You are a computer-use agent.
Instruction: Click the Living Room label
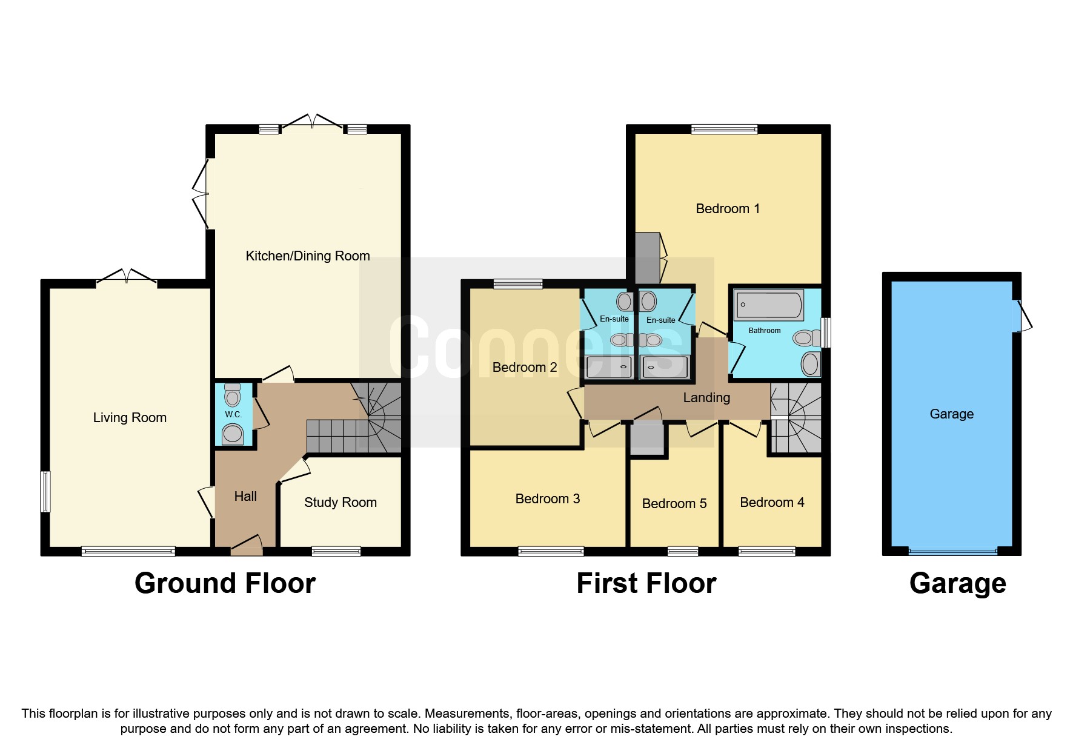tap(130, 417)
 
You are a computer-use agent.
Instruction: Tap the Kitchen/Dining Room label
tap(308, 256)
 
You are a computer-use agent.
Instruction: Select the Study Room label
tap(341, 502)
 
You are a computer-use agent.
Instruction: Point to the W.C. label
tap(233, 414)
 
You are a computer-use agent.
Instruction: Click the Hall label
tap(245, 496)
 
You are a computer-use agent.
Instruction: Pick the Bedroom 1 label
tap(728, 208)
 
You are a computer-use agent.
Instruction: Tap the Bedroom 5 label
tap(674, 503)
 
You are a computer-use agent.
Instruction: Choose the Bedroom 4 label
tap(772, 502)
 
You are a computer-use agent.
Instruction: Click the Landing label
tap(706, 397)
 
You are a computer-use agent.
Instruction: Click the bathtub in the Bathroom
tap(769, 305)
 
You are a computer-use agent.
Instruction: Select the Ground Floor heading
tap(225, 583)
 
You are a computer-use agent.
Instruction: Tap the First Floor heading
tap(646, 583)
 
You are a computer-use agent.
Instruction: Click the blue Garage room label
tap(952, 414)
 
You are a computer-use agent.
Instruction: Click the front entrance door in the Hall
tap(247, 545)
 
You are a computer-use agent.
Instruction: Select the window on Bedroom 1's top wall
tap(725, 128)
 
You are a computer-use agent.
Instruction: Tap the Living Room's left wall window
tap(45, 492)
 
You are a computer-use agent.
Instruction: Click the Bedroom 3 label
tap(548, 498)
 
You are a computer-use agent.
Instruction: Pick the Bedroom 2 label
tap(525, 367)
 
